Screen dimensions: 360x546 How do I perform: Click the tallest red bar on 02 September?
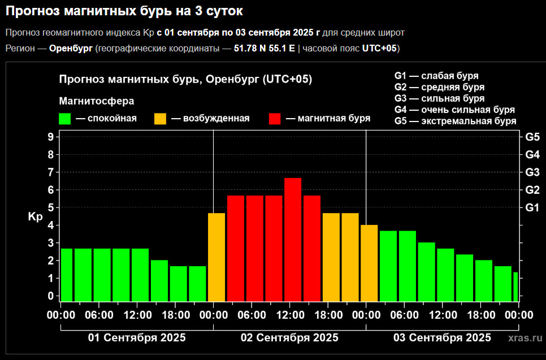pyautogui.click(x=293, y=240)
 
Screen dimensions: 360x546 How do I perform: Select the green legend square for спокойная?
pyautogui.click(x=65, y=119)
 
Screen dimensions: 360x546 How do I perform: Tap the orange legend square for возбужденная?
pyautogui.click(x=161, y=119)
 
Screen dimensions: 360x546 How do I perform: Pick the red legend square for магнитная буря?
pyautogui.click(x=275, y=119)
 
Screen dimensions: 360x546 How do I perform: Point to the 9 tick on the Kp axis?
pyautogui.click(x=50, y=137)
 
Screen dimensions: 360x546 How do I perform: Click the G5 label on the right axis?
pyautogui.click(x=532, y=137)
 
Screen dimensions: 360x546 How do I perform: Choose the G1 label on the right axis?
pyautogui.click(x=532, y=207)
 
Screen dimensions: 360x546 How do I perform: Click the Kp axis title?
pyautogui.click(x=35, y=216)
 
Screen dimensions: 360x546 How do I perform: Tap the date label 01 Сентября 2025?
pyautogui.click(x=137, y=338)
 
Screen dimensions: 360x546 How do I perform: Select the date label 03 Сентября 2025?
pyautogui.click(x=442, y=338)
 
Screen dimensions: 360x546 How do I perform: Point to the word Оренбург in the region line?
pyautogui.click(x=71, y=49)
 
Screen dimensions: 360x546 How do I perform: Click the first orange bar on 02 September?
pyautogui.click(x=216, y=257)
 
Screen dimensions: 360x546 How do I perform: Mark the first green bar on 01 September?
pyautogui.click(x=67, y=275)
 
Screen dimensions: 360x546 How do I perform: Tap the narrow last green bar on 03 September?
pyautogui.click(x=515, y=287)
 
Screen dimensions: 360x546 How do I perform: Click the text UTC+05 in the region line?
pyautogui.click(x=379, y=49)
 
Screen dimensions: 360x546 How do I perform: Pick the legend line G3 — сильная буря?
pyautogui.click(x=439, y=98)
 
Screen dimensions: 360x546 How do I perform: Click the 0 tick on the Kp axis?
pyautogui.click(x=50, y=296)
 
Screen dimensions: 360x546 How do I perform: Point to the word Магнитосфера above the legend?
pyautogui.click(x=97, y=101)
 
